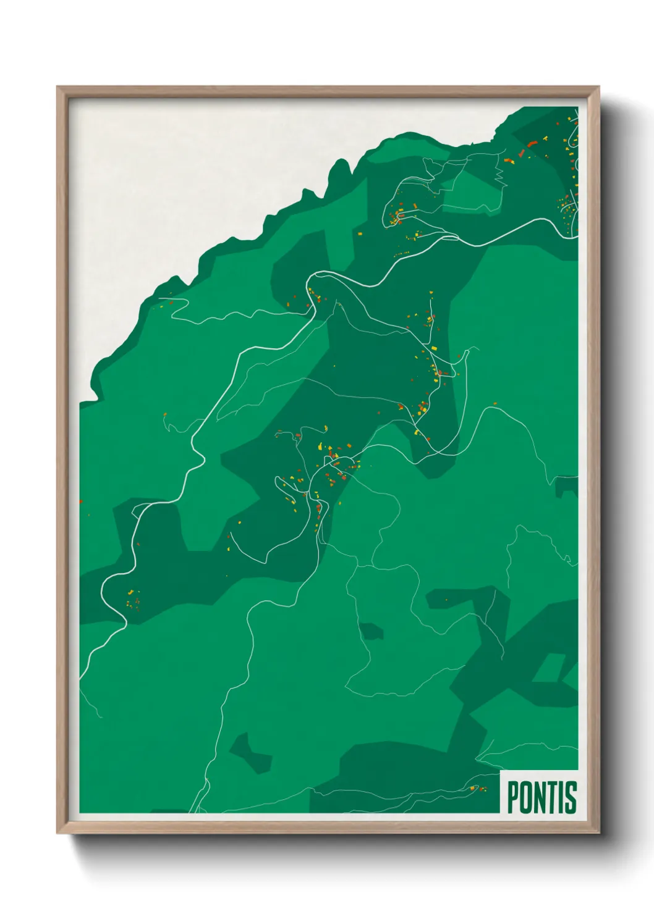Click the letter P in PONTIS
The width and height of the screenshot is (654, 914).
(513, 797)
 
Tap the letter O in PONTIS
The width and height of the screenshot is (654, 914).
(527, 797)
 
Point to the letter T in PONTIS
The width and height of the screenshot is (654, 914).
(554, 797)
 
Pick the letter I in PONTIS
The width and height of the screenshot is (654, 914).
(563, 797)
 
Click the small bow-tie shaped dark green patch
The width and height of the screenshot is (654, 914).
(251, 754)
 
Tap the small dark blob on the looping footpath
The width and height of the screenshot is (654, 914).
(372, 631)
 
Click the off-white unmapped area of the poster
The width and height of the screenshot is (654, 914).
(185, 185)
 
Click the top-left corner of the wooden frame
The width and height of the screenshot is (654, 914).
(57, 87)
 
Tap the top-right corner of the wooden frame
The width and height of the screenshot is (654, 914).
(599, 87)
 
